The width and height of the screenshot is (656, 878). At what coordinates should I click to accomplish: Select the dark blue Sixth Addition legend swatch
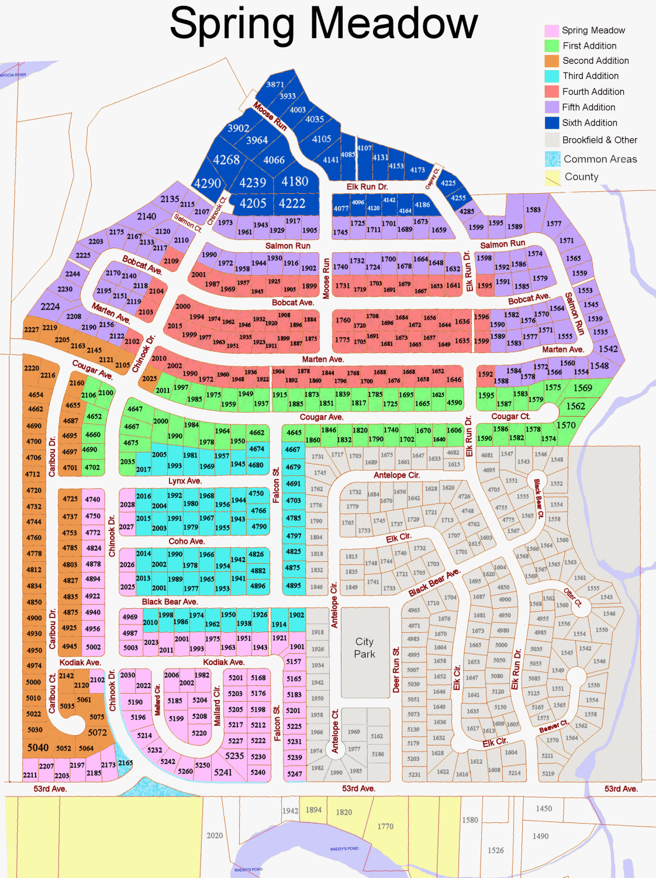coord(552,123)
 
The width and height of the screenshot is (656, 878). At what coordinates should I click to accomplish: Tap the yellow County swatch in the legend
coord(552,177)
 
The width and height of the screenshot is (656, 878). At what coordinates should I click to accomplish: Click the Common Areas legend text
coord(600,159)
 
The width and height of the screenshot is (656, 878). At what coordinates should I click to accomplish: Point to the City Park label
coord(364,648)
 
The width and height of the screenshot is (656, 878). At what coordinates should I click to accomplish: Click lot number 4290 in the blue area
coord(208,183)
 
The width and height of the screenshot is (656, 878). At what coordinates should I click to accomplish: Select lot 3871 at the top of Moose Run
coord(275,84)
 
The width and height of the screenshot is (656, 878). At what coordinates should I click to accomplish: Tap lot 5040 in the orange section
coord(38,747)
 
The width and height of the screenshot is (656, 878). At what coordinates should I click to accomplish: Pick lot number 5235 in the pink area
coord(234,756)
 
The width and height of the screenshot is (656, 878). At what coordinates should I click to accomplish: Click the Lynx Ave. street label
coord(185,481)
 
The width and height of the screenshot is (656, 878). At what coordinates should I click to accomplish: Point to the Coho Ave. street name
coord(187,541)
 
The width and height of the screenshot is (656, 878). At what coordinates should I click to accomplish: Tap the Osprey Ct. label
coord(431,179)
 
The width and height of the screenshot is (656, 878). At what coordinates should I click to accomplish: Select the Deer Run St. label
coord(396,670)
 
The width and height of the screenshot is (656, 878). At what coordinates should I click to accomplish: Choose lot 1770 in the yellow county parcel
coord(385,826)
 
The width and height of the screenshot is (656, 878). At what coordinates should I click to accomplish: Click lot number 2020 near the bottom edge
coord(215,835)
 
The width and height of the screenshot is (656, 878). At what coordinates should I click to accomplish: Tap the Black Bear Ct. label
coord(538,499)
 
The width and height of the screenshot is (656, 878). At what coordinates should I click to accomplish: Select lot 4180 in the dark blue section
coord(295,181)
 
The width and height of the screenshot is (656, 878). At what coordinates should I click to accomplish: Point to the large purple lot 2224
coord(50,306)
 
